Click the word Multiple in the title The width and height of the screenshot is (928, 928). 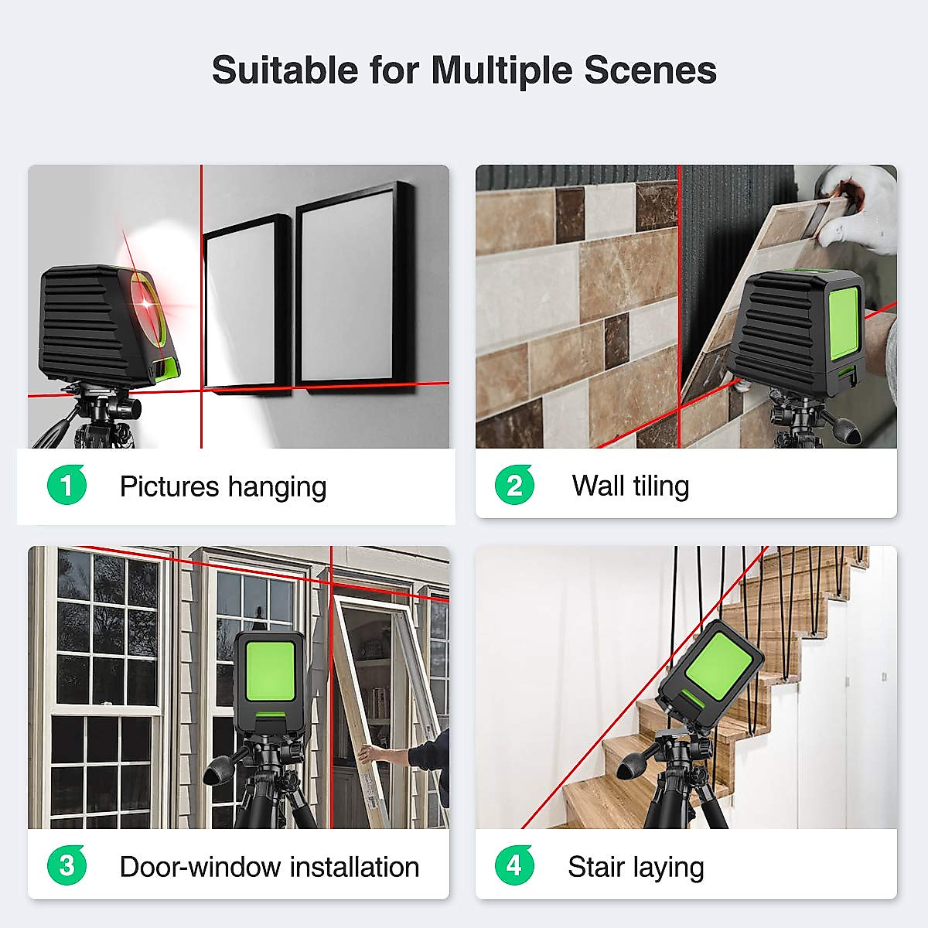502,70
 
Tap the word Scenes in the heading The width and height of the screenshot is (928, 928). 650,70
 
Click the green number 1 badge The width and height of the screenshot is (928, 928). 67,486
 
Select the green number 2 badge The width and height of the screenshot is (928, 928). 514,486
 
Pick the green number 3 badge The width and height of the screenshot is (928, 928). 67,865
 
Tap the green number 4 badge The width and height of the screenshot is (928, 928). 514,865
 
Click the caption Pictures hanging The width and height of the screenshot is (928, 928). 223,486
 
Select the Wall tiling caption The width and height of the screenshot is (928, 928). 630,486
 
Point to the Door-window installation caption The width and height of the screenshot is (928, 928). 269,867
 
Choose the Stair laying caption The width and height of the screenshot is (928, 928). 636,867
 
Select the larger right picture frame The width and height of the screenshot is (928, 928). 353,287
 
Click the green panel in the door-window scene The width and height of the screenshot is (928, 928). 270,671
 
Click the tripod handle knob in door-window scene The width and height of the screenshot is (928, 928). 216,773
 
